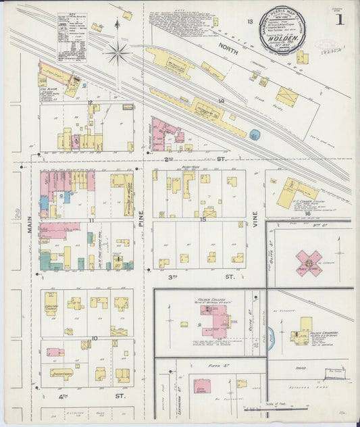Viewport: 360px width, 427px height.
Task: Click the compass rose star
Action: coord(118,51)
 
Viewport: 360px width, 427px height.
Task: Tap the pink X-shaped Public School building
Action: coord(308,263)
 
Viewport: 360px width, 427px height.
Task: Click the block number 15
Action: coord(203,219)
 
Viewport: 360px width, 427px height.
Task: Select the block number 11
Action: coord(91,220)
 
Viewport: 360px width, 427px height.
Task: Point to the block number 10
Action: coord(94,338)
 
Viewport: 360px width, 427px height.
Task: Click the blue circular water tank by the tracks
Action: coord(255,135)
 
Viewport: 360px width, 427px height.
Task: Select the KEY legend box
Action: coord(71,39)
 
